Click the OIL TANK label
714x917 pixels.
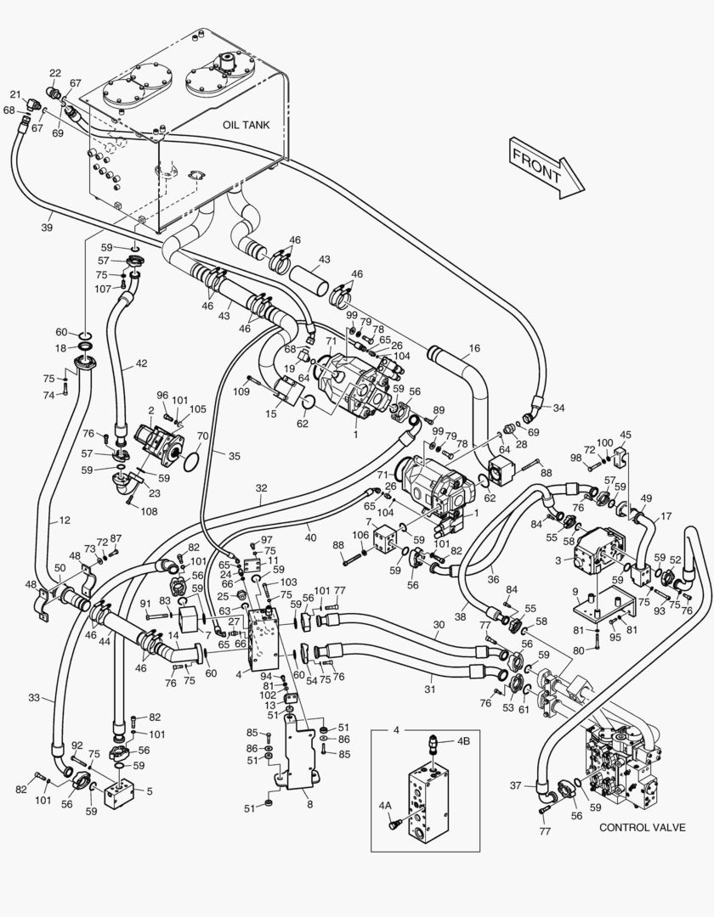(246, 124)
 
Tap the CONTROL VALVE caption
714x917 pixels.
(641, 826)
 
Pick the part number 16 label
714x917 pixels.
(473, 348)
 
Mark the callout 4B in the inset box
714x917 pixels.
(463, 740)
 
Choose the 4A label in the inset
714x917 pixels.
(385, 805)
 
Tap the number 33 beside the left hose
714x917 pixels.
(33, 698)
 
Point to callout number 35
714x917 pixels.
(234, 455)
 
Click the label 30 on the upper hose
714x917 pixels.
(439, 624)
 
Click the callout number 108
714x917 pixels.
(149, 511)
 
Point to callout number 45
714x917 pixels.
(626, 435)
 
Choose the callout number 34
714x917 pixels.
(558, 408)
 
